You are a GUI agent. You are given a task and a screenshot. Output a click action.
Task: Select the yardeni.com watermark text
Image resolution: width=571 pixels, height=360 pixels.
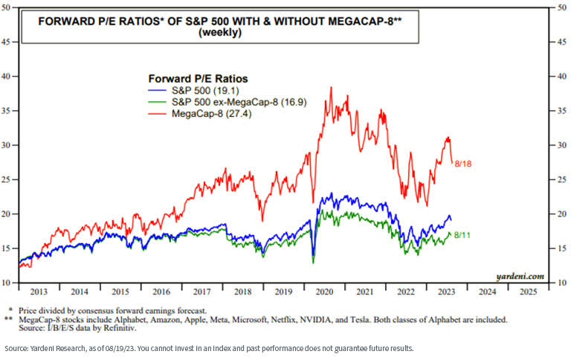click(517, 276)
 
